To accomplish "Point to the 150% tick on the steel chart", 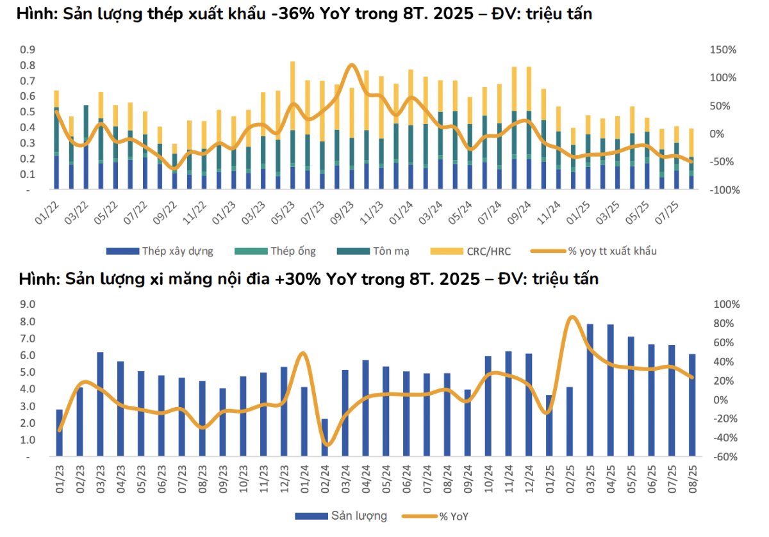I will (722, 50).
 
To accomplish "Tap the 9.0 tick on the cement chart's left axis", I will (28, 304).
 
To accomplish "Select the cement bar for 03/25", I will (590, 390).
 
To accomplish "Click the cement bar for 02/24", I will (325, 438).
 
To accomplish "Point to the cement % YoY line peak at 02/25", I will (572, 317).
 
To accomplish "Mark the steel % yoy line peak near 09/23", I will (351, 65).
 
